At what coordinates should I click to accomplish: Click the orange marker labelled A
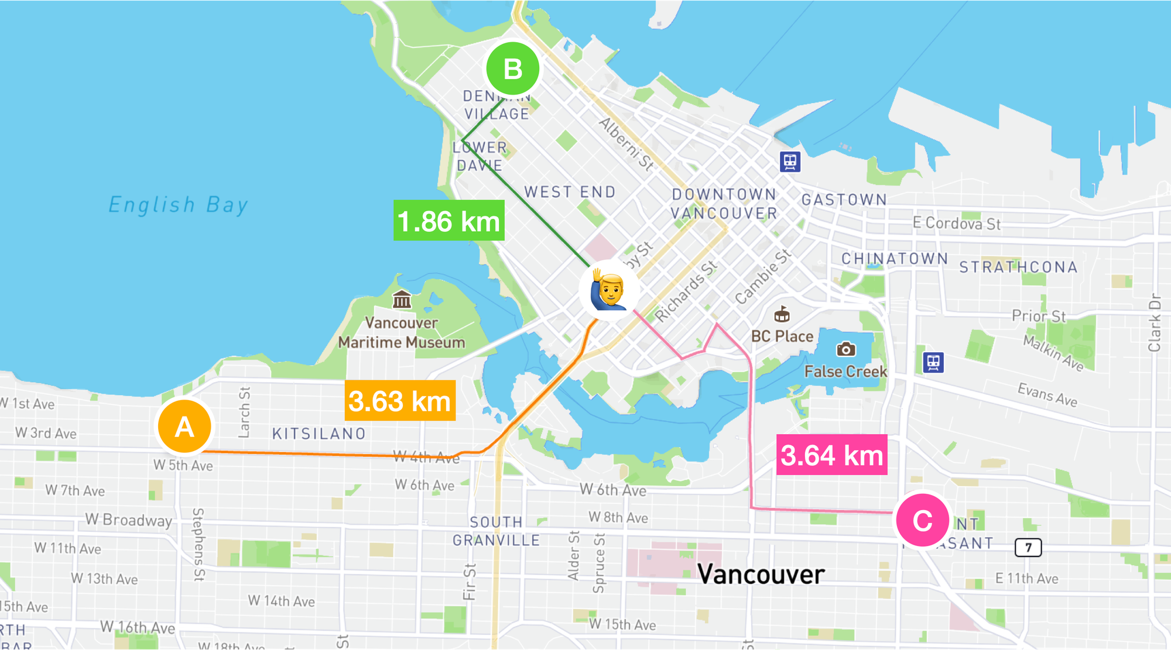(x=184, y=427)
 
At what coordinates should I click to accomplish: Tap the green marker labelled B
(x=513, y=68)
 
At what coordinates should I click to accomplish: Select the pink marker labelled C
(x=922, y=520)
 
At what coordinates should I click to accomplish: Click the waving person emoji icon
(x=609, y=290)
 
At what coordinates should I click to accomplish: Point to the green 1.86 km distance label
(x=448, y=221)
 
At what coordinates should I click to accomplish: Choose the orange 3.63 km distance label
(x=400, y=401)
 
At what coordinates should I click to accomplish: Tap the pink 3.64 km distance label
(x=831, y=455)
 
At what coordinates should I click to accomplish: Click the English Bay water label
(x=179, y=205)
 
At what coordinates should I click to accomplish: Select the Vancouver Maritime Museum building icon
(x=402, y=300)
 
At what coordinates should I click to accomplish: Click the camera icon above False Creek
(x=845, y=349)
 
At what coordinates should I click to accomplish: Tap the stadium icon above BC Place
(x=782, y=315)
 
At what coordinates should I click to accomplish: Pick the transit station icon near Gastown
(x=790, y=161)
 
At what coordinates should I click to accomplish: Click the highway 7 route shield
(x=1028, y=548)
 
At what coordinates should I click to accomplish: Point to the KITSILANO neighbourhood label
(x=319, y=434)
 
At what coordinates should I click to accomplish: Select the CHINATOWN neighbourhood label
(x=895, y=259)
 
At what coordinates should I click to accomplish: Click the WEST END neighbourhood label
(x=570, y=192)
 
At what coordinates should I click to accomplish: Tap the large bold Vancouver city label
(x=761, y=574)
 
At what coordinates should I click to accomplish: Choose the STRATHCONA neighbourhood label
(x=1018, y=267)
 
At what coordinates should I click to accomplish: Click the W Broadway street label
(x=129, y=520)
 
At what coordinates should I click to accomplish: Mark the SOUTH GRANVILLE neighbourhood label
(x=496, y=531)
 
